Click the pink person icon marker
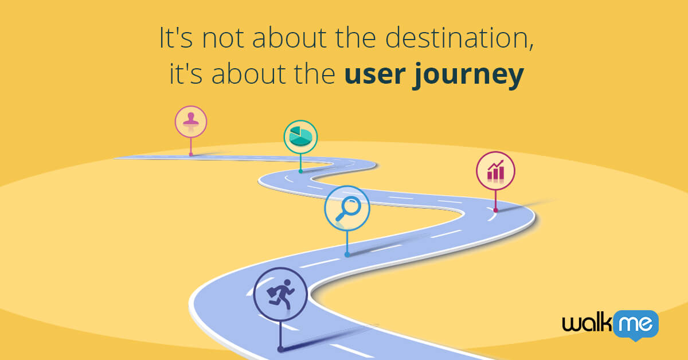[x=190, y=122]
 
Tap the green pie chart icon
[x=300, y=136]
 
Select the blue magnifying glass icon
[x=347, y=208]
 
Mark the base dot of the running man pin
[x=280, y=349]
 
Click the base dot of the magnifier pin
[x=347, y=255]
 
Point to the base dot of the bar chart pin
[x=495, y=210]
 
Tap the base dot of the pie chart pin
[x=300, y=171]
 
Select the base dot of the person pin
[x=191, y=154]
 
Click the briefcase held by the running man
[x=272, y=295]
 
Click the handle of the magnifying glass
[x=340, y=216]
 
